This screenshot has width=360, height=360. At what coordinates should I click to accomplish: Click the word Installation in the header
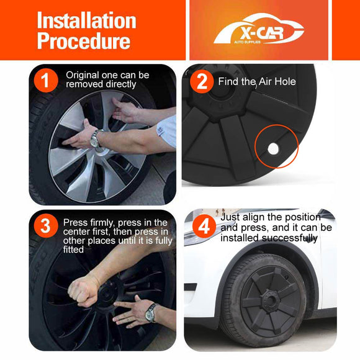(87, 20)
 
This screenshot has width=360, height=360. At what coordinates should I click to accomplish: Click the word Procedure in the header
(84, 40)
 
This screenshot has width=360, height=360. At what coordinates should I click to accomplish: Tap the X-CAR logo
(259, 29)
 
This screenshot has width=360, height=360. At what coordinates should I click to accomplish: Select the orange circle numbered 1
(46, 81)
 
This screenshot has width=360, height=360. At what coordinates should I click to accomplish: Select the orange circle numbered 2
(202, 81)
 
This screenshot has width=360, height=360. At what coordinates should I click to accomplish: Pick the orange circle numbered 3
(45, 226)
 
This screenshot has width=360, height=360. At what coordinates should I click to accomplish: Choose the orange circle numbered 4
(204, 227)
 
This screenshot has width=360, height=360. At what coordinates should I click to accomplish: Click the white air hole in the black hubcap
(273, 149)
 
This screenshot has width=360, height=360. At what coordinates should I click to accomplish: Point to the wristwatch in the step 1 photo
(96, 138)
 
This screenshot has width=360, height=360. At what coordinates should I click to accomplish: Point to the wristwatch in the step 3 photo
(151, 313)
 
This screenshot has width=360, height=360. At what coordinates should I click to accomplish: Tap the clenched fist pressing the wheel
(83, 291)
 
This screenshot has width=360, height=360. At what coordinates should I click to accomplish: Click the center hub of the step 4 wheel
(270, 299)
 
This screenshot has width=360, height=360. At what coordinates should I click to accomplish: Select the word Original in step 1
(82, 76)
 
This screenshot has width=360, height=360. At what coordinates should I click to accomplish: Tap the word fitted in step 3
(73, 250)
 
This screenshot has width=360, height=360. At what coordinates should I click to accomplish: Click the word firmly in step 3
(102, 223)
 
